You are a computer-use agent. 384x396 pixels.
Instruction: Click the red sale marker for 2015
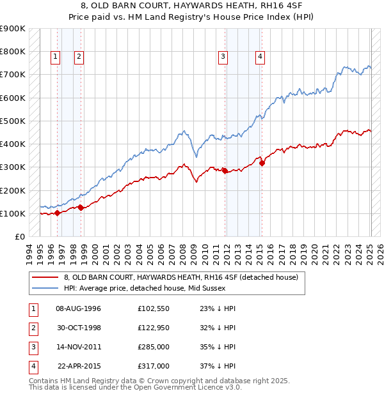(262, 162)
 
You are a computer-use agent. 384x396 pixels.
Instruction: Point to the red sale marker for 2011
(225, 171)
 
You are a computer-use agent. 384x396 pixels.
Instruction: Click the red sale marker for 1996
(57, 213)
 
